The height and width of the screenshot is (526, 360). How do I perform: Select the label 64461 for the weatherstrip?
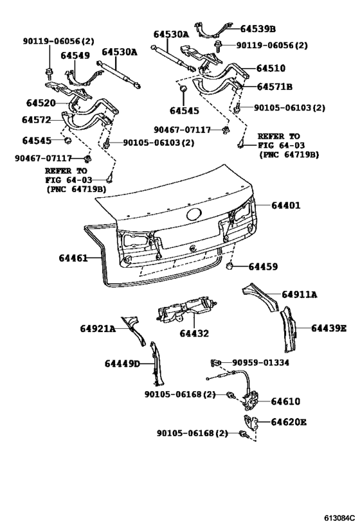[x=73, y=258]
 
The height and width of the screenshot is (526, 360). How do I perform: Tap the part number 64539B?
[x=258, y=28]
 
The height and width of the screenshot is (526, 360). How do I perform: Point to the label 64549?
[x=75, y=55]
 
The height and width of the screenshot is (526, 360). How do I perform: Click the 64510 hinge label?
[x=271, y=68]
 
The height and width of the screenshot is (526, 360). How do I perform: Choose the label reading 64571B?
[x=274, y=87]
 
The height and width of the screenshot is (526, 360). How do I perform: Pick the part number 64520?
[x=40, y=102]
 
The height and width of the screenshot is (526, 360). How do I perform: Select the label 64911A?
[x=300, y=294]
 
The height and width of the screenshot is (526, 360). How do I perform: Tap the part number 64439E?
[x=329, y=328]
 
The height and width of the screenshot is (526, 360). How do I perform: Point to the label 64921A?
[x=98, y=329]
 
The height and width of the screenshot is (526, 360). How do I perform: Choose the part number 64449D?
[x=122, y=364]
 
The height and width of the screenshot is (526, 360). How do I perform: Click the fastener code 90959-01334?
[x=260, y=363]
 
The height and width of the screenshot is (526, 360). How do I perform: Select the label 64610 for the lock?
[x=285, y=401]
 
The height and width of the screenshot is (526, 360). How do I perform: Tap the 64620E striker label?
[x=289, y=422]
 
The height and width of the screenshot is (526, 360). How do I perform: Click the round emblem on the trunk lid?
[x=194, y=216]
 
